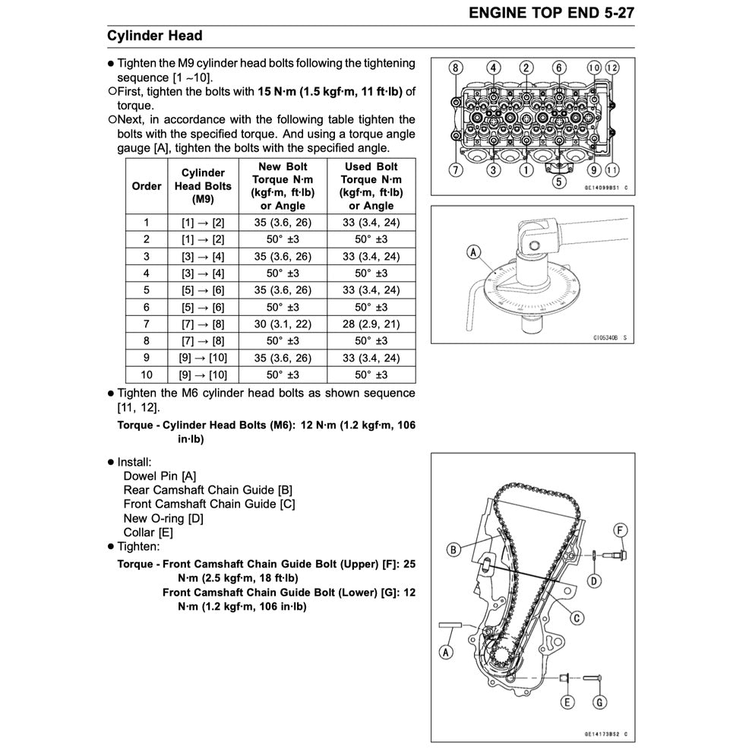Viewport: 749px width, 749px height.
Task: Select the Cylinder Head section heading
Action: (155, 36)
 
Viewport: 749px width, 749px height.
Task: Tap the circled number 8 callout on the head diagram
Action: (455, 68)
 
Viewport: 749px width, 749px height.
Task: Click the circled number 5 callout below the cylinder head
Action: (558, 182)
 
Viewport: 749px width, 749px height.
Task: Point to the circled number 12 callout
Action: (612, 68)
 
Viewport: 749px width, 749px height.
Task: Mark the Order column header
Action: (147, 186)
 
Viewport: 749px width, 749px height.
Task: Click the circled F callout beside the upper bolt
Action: (621, 529)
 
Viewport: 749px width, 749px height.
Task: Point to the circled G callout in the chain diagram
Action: (599, 702)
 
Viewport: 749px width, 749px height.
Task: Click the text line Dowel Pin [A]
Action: (160, 476)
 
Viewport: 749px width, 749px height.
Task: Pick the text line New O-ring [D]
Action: (163, 518)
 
